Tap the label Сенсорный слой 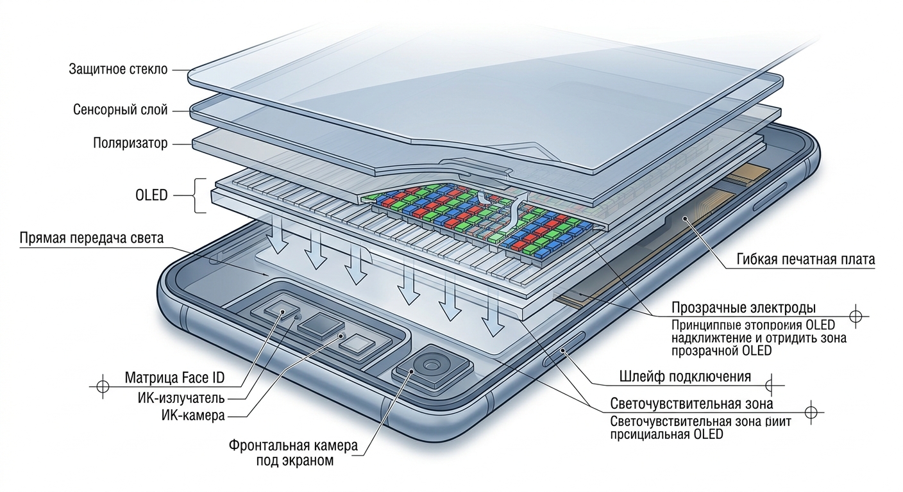pyautogui.click(x=121, y=110)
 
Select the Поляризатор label pyautogui.click(x=130, y=143)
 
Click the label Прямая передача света pyautogui.click(x=92, y=238)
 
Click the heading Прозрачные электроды pyautogui.click(x=743, y=307)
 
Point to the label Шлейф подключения pyautogui.click(x=685, y=376)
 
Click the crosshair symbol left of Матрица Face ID pyautogui.click(x=101, y=387)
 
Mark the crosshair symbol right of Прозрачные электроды pyautogui.click(x=855, y=316)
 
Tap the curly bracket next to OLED pyautogui.click(x=199, y=195)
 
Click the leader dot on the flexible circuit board pyautogui.click(x=686, y=219)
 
